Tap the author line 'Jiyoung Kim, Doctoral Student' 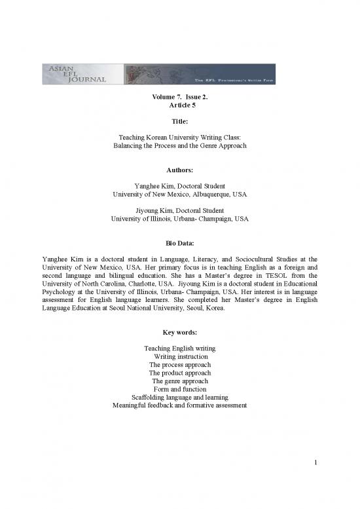click(x=179, y=210)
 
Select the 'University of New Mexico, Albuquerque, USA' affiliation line click(x=179, y=194)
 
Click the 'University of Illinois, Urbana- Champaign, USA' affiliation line click(x=179, y=218)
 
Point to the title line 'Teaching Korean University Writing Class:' click(x=179, y=136)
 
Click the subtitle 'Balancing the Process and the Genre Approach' click(x=179, y=145)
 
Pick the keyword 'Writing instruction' click(x=179, y=356)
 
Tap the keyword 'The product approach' click(x=179, y=372)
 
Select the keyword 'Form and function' click(x=179, y=389)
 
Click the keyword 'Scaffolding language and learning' click(x=179, y=397)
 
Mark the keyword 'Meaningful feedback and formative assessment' click(x=179, y=405)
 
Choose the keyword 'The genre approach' click(x=179, y=381)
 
